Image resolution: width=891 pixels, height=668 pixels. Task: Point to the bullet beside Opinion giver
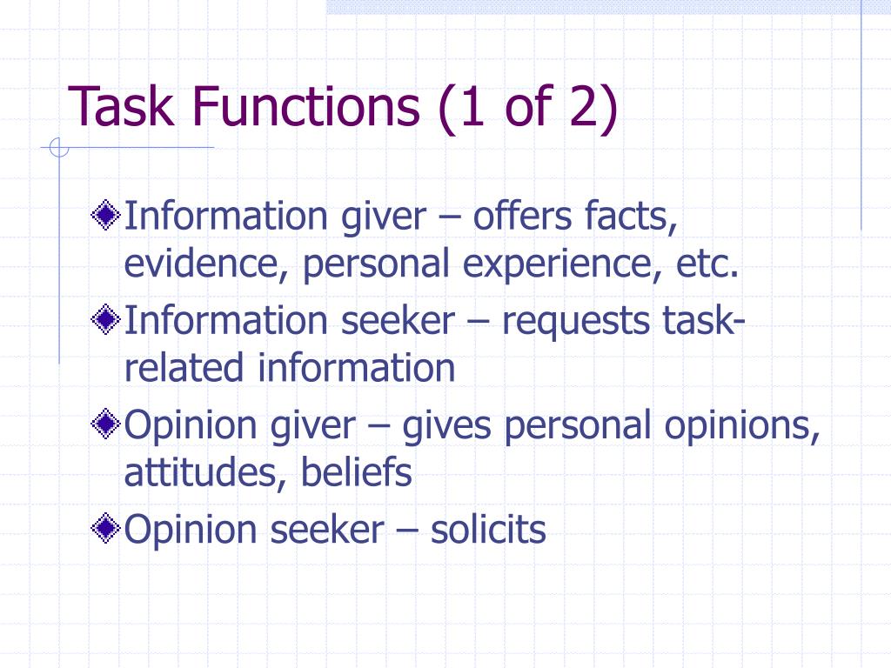(x=106, y=424)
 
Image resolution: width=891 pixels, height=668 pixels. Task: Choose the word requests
(x=575, y=321)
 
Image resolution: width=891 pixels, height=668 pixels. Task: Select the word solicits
(x=488, y=529)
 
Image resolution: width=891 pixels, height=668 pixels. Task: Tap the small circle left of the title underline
(x=58, y=150)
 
